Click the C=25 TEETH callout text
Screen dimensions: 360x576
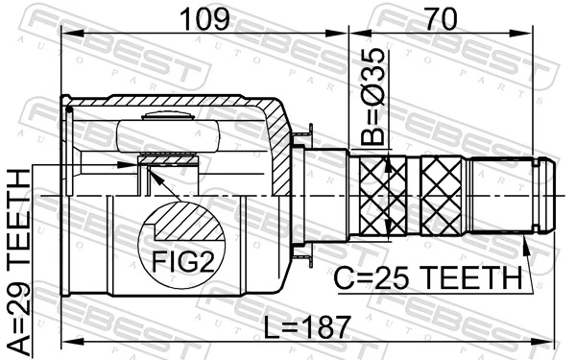[428, 278]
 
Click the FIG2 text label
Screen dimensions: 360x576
[181, 260]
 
